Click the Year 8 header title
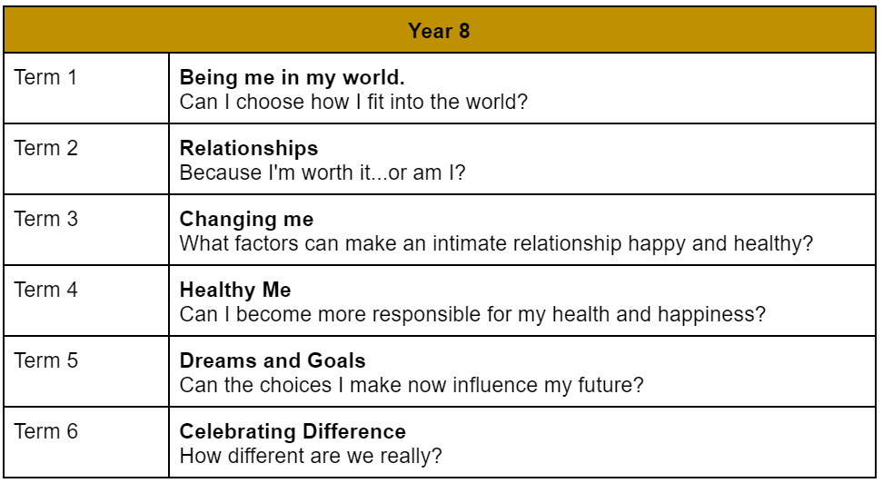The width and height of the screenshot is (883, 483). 439,31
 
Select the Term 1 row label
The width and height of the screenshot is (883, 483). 45,77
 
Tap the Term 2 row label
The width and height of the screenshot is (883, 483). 45,148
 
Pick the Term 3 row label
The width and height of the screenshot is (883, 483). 45,219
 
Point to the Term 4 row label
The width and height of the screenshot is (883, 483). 45,290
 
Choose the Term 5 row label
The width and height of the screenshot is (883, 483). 45,360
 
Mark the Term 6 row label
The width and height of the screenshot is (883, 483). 45,431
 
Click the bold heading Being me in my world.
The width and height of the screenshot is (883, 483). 293,78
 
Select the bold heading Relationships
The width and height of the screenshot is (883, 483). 249,149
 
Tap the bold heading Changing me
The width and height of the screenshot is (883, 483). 247,220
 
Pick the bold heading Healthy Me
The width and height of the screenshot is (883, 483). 235,290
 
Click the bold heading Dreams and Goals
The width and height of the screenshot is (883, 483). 273,360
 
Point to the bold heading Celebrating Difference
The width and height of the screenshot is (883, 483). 293,432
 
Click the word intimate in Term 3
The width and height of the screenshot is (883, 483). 469,243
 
